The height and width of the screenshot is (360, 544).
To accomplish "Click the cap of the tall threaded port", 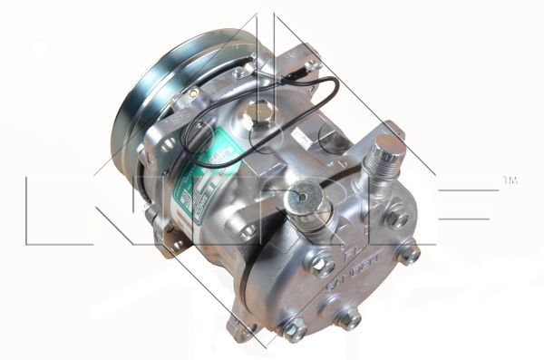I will [x=389, y=146].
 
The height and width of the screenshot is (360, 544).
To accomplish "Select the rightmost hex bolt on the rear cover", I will [x=408, y=255].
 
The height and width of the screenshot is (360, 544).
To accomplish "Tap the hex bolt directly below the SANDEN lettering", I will [x=348, y=319].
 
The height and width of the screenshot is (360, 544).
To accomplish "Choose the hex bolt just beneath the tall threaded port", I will [x=396, y=218].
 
